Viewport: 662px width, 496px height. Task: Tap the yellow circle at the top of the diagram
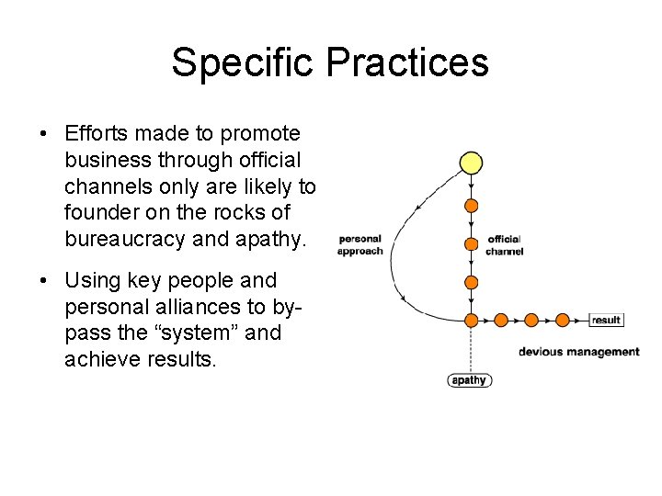click(471, 163)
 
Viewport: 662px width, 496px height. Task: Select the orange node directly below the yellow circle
click(471, 205)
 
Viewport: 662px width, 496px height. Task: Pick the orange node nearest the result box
click(562, 321)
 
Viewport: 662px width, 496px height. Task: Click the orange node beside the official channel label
click(471, 244)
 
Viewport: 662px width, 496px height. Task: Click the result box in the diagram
click(607, 321)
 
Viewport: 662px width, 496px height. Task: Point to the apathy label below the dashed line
click(470, 379)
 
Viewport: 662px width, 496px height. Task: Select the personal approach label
click(360, 245)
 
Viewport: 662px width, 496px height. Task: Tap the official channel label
click(505, 245)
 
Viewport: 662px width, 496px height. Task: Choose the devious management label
click(578, 352)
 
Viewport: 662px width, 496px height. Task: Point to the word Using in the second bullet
click(95, 280)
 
